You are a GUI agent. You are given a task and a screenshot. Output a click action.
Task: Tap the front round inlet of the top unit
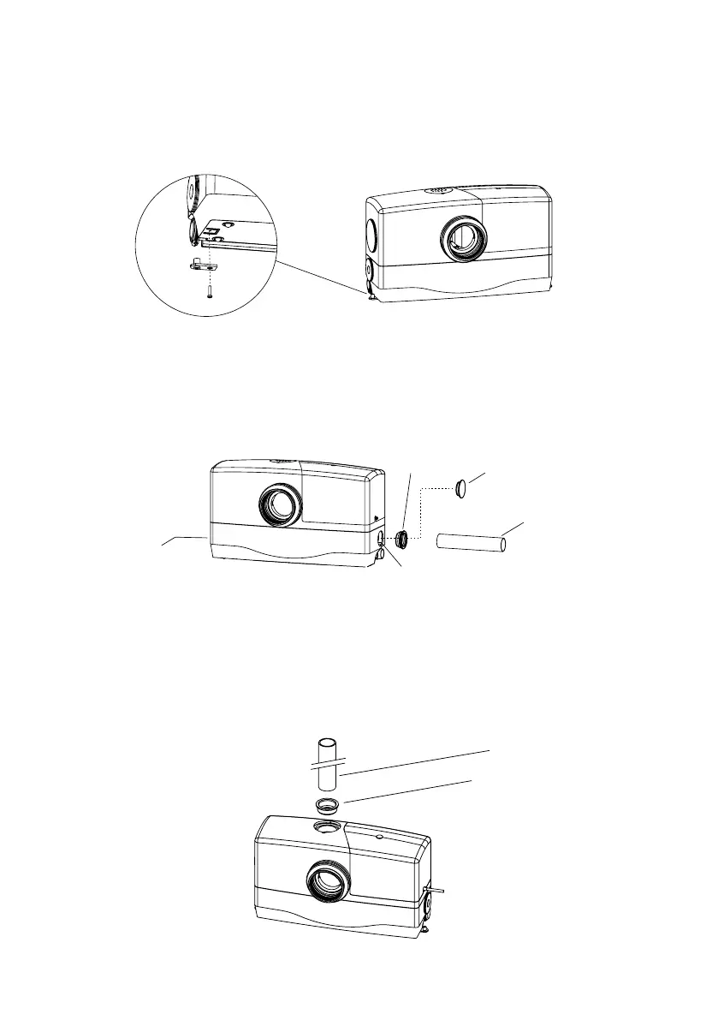pos(463,238)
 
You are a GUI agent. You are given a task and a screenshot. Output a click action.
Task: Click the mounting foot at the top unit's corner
pos(370,294)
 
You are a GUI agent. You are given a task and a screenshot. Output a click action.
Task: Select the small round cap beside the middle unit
pos(463,489)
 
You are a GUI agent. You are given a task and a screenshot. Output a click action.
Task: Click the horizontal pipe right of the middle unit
pos(471,542)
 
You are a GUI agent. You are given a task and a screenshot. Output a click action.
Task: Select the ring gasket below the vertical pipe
pos(327,806)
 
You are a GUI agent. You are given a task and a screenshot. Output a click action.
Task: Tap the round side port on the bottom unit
pos(427,902)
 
